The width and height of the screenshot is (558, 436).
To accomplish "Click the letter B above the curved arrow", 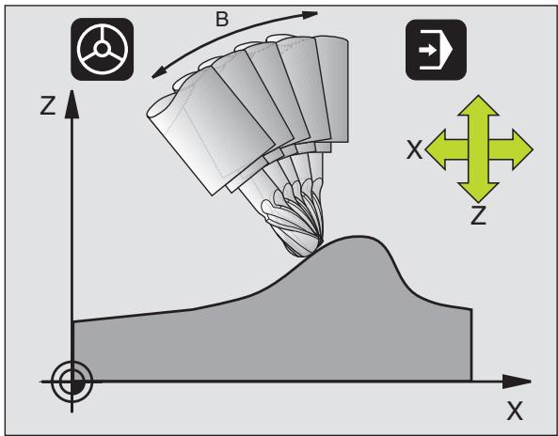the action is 222,19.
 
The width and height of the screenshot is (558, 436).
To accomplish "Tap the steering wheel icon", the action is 103,49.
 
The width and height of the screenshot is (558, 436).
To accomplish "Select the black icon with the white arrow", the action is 436,50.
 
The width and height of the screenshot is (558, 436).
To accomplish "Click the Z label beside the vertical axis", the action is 48,105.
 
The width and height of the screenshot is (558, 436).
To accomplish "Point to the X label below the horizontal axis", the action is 515,412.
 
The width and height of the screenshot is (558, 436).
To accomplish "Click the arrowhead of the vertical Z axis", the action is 72,103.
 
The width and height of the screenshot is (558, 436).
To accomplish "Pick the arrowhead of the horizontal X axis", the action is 517,381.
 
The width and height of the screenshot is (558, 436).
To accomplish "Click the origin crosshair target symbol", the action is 72,381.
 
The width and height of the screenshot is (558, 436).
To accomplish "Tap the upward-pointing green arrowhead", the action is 478,105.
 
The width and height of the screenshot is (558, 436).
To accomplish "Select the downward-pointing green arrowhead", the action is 478,193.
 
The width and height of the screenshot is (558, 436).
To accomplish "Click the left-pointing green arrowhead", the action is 436,149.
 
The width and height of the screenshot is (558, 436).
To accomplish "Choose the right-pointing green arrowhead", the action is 522,149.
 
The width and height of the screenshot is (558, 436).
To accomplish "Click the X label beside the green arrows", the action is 414,149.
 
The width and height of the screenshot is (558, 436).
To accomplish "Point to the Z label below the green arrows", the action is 478,215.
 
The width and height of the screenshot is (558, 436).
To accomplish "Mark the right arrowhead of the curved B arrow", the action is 310,15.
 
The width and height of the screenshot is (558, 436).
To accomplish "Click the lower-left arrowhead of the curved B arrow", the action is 159,72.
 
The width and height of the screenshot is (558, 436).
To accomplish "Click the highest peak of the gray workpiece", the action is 359,236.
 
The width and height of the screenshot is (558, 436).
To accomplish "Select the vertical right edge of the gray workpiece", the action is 471,345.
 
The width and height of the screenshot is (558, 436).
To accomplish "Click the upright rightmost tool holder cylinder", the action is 332,89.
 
